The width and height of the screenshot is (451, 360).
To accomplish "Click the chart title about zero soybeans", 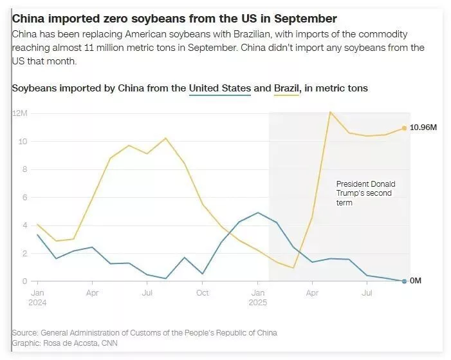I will (x=174, y=19).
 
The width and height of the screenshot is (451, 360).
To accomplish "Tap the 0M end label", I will (x=416, y=281).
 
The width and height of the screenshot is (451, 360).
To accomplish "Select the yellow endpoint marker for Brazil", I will (x=405, y=128).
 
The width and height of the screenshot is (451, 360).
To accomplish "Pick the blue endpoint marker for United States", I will (x=405, y=281).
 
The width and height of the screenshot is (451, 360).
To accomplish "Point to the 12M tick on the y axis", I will (x=19, y=113).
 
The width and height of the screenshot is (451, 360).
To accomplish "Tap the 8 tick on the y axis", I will (x=24, y=169).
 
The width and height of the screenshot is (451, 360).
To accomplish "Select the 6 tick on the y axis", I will (x=24, y=198).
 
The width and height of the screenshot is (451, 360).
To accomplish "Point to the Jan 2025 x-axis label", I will (x=258, y=298).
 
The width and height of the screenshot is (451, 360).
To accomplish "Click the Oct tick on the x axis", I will (x=203, y=293).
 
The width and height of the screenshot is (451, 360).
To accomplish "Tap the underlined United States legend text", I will (x=219, y=88).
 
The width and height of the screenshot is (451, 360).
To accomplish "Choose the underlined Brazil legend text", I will (x=287, y=88).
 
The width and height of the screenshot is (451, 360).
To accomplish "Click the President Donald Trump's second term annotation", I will (x=365, y=193).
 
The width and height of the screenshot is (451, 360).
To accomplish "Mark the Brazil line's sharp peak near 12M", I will (x=330, y=112).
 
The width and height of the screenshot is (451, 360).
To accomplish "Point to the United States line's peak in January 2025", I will (x=258, y=213).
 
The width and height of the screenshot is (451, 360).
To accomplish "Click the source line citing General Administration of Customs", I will (x=145, y=333).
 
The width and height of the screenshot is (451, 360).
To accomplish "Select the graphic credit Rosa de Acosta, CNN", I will (x=64, y=343).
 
